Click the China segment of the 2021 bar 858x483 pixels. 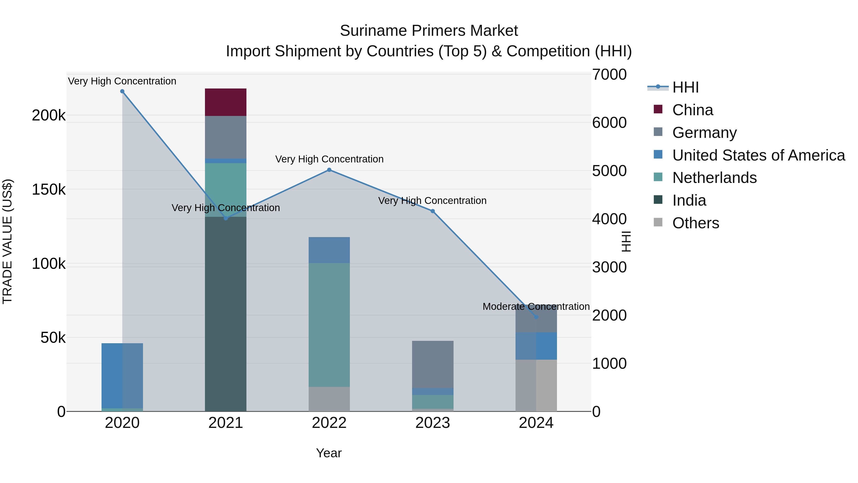(x=225, y=102)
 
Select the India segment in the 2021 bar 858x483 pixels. (x=225, y=314)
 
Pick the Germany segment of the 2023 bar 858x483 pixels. (x=433, y=364)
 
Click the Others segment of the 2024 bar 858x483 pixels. (x=536, y=385)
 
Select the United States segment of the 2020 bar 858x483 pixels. (x=122, y=375)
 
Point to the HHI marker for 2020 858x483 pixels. (x=122, y=91)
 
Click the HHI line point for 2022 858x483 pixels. (x=329, y=170)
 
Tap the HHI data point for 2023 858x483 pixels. (x=433, y=211)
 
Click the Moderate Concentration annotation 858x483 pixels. (x=536, y=306)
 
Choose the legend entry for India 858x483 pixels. (x=689, y=200)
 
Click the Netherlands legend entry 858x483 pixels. (x=714, y=178)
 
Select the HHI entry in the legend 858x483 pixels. (x=685, y=87)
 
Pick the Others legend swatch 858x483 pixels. (x=658, y=222)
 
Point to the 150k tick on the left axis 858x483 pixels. (x=49, y=190)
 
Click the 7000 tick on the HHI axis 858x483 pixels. (x=609, y=74)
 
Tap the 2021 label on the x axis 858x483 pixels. (x=225, y=423)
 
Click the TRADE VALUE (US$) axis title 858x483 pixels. (x=7, y=241)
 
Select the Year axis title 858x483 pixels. (x=329, y=453)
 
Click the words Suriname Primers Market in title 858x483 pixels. (x=429, y=31)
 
